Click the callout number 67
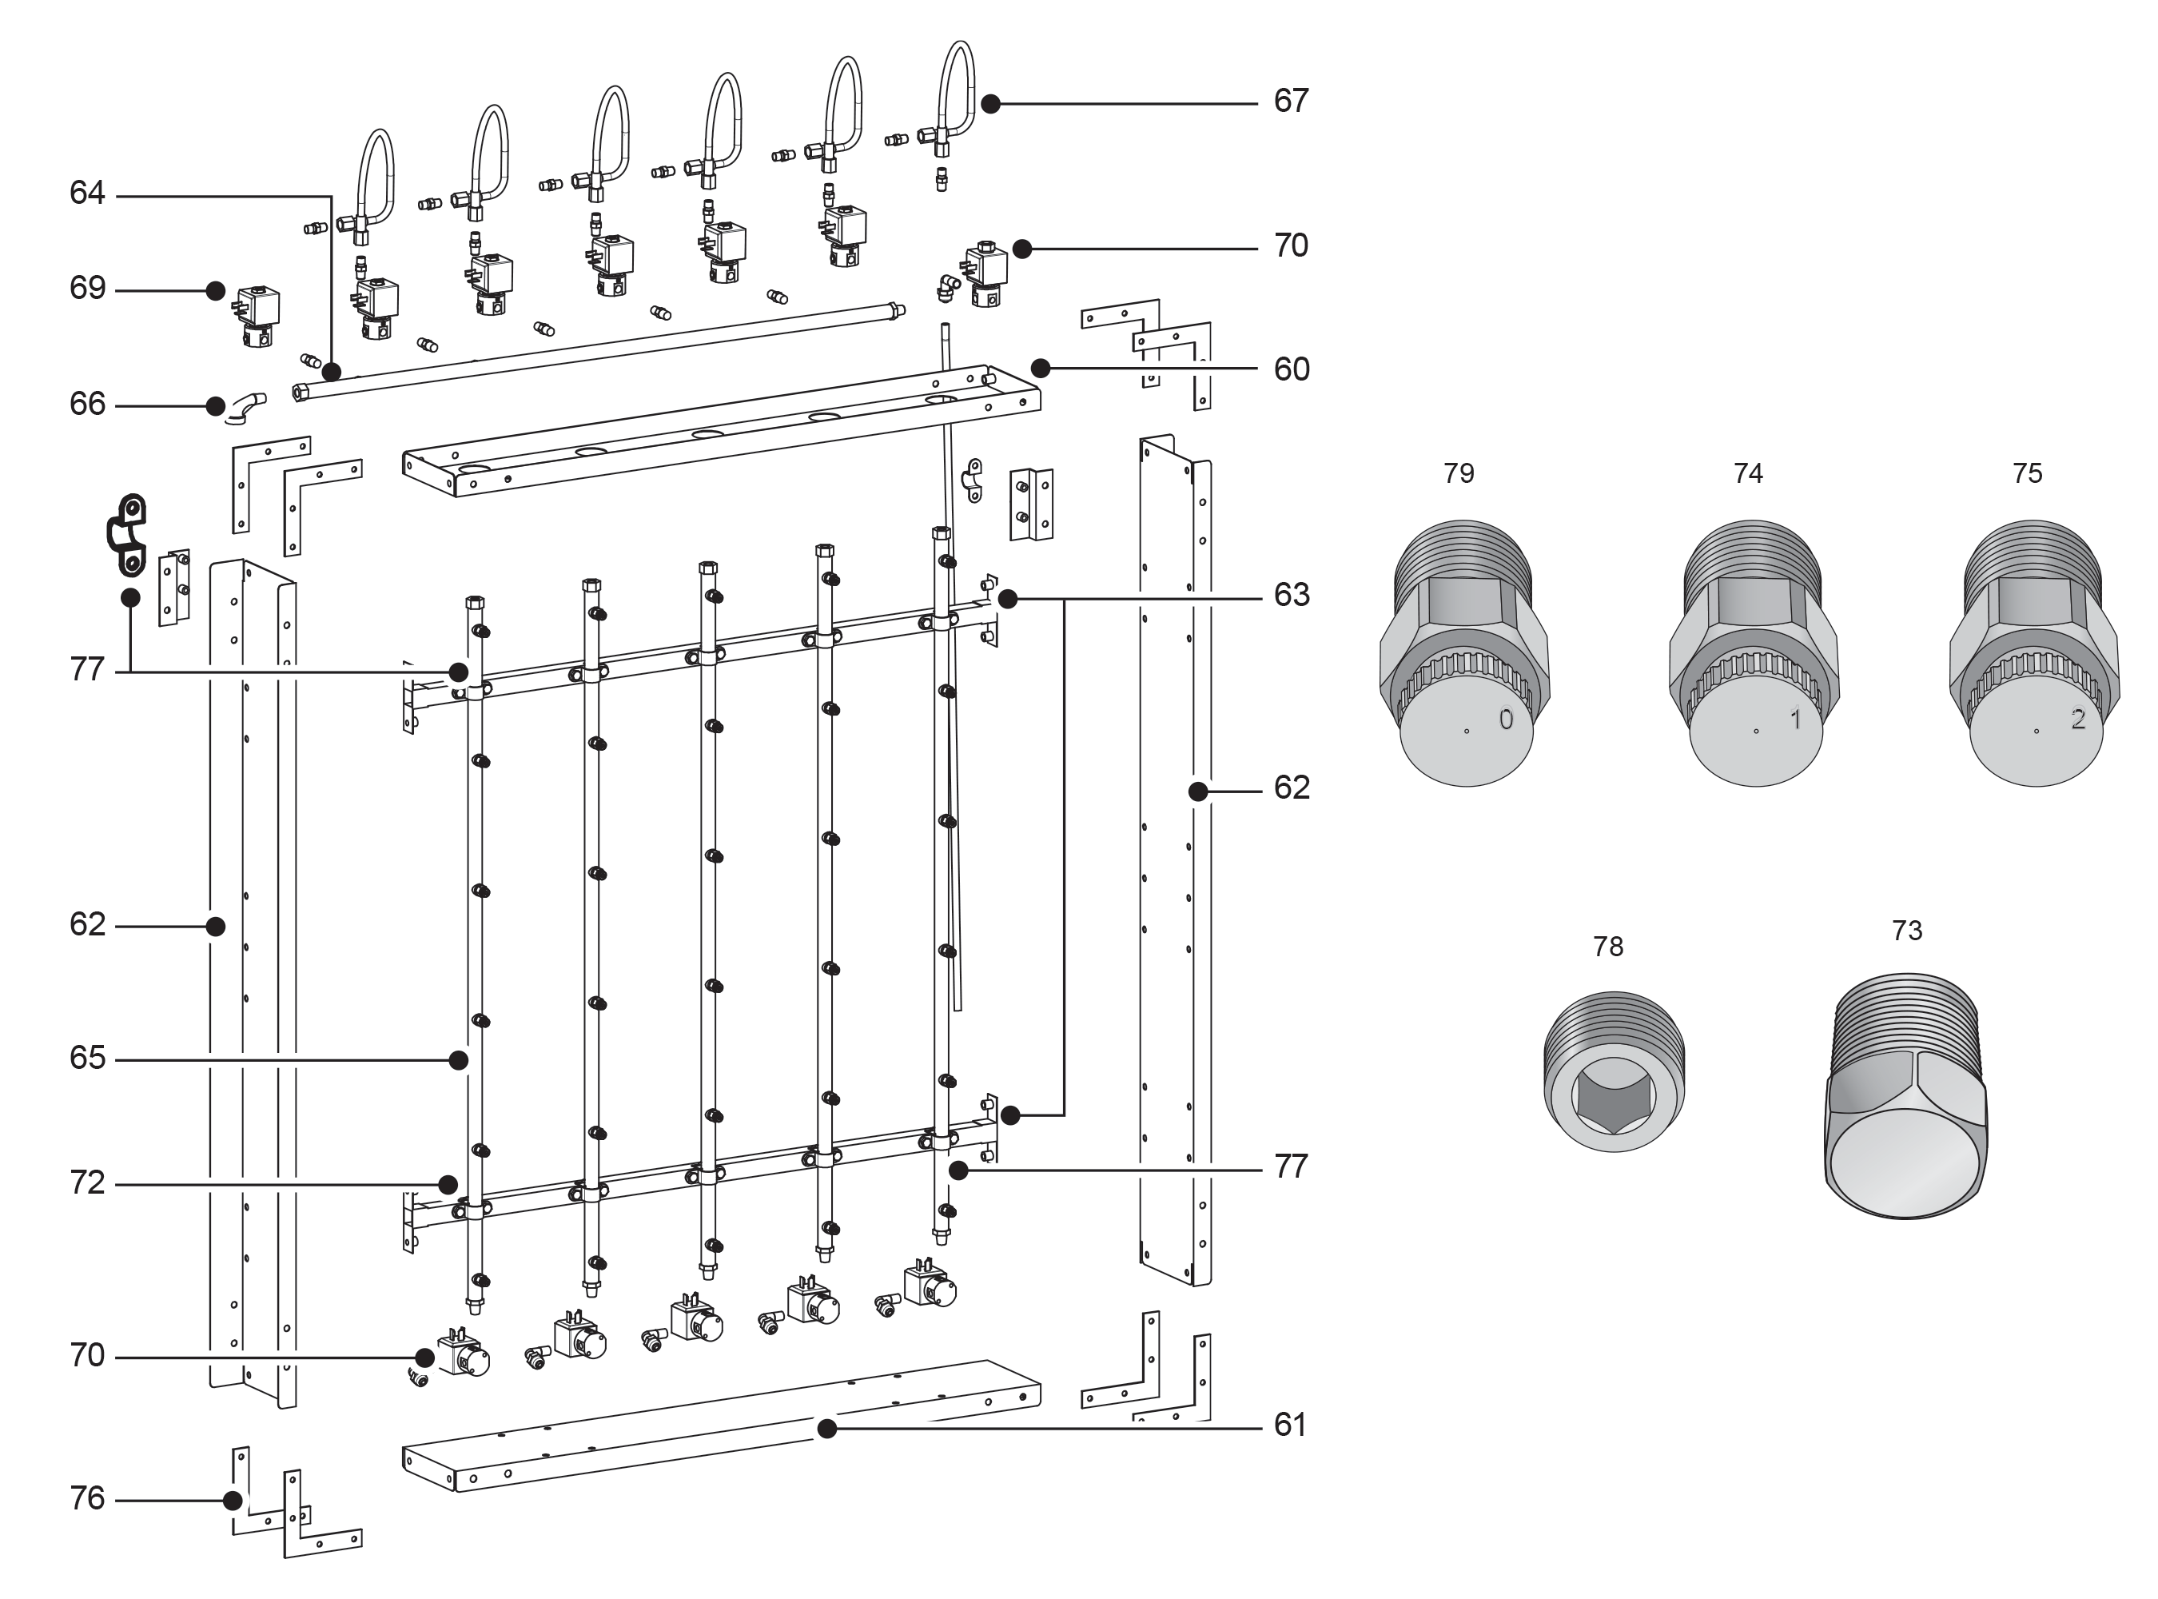(1290, 101)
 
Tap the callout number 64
(87, 193)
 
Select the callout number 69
(87, 289)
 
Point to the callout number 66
(87, 404)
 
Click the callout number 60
(1291, 369)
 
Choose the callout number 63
(1291, 594)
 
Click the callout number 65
(87, 1058)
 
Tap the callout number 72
(87, 1182)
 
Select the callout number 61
(1290, 1425)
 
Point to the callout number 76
(87, 1498)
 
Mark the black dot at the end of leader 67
(990, 104)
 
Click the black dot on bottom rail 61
(826, 1429)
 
